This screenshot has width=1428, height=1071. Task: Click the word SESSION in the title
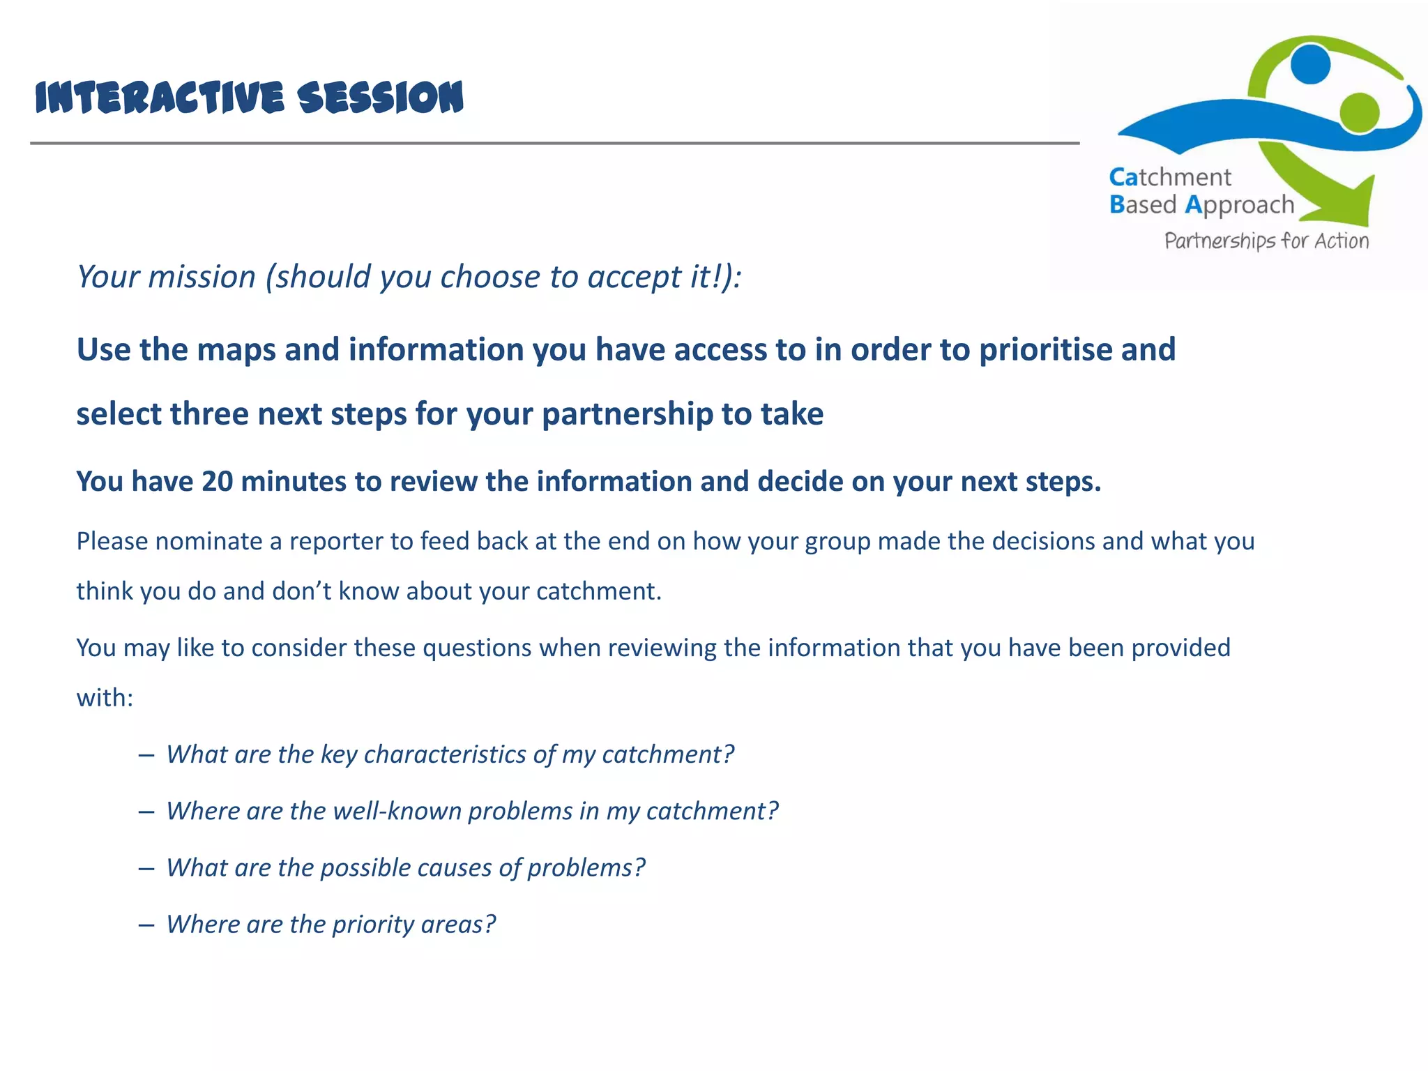pyautogui.click(x=380, y=98)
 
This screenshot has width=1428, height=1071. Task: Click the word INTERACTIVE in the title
pyautogui.click(x=160, y=98)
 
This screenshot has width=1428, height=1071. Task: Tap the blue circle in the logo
pyautogui.click(x=1310, y=63)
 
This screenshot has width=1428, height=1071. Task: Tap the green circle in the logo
pyautogui.click(x=1359, y=112)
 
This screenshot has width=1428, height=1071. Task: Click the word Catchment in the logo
pyautogui.click(x=1170, y=177)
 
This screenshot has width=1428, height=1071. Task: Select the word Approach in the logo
pyautogui.click(x=1240, y=205)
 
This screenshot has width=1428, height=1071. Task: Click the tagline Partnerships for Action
pyautogui.click(x=1266, y=241)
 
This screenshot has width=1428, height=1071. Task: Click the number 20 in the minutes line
pyautogui.click(x=217, y=482)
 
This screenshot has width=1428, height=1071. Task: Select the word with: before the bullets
pyautogui.click(x=105, y=698)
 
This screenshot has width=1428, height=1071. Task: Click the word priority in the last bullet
pyautogui.click(x=373, y=925)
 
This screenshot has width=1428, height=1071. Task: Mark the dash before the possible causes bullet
pyautogui.click(x=146, y=868)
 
